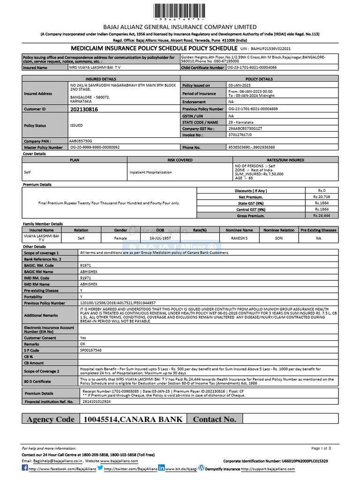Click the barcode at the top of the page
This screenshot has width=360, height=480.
pyautogui.click(x=180, y=11)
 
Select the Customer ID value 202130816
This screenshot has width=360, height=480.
pyautogui.click(x=84, y=109)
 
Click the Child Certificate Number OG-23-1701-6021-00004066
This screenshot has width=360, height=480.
pyautogui.click(x=252, y=67)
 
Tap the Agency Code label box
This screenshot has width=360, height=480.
pyautogui.click(x=51, y=419)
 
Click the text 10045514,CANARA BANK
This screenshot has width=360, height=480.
pyautogui.click(x=133, y=419)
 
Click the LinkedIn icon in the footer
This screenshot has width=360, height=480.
pyautogui.click(x=161, y=468)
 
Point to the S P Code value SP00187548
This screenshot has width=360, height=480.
pyautogui.click(x=91, y=350)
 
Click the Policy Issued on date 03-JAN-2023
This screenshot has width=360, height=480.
pyautogui.click(x=240, y=85)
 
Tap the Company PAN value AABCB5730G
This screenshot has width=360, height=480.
pyautogui.click(x=81, y=140)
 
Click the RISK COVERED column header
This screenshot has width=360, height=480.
pyautogui.click(x=180, y=160)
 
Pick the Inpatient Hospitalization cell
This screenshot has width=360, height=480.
pyautogui.click(x=151, y=172)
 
